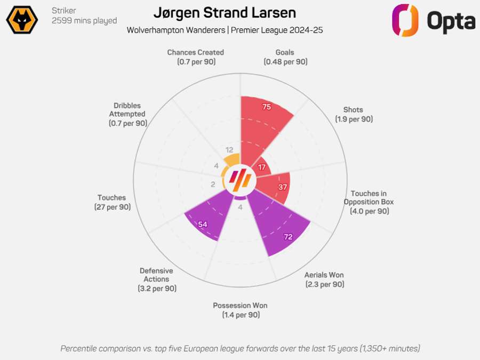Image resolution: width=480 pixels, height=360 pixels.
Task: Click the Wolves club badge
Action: point(22,20)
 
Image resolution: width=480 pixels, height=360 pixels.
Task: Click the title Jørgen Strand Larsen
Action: point(225,13)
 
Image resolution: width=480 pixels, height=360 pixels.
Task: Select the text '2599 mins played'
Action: point(84,21)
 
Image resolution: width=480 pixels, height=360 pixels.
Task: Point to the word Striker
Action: point(63,11)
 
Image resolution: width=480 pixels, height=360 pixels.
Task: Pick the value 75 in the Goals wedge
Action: point(267,107)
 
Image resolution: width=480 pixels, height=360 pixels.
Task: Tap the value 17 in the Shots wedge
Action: point(261,167)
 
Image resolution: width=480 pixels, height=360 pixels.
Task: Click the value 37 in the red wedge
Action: point(283,187)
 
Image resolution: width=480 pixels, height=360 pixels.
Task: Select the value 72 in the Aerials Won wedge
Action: point(288,237)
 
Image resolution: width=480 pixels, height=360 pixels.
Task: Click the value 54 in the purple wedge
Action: point(203,225)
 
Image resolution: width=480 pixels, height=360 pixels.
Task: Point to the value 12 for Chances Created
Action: point(229,150)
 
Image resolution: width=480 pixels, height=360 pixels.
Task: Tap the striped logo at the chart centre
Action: point(240,180)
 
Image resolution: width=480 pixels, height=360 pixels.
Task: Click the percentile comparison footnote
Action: point(240,348)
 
